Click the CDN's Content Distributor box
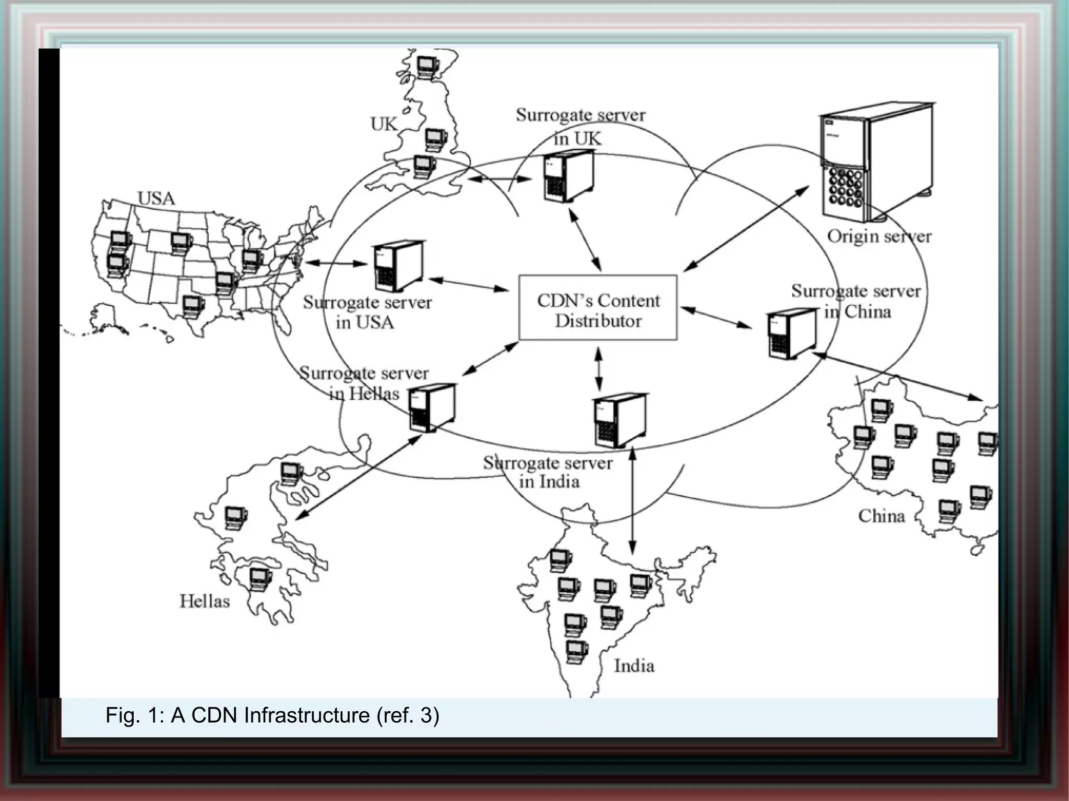coord(598,308)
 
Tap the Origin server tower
coord(874,162)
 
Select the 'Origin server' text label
coord(879,236)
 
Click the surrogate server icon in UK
coord(567,176)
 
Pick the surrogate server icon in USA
coord(398,266)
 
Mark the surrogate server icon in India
coord(619,420)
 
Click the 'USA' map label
coord(156,198)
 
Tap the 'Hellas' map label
coord(205,601)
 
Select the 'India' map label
coord(634,666)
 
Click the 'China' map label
coord(881,516)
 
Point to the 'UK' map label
coord(384,124)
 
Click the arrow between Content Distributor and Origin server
coord(746,229)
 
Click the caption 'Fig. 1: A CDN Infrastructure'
coord(272,715)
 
